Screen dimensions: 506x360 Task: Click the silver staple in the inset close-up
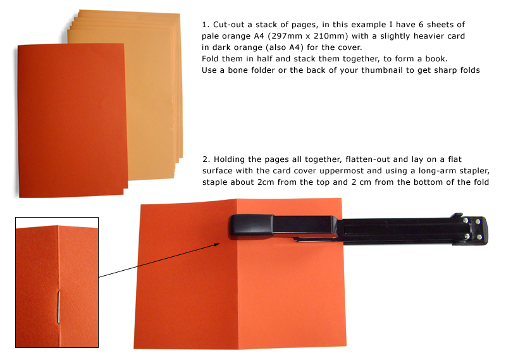pyautogui.click(x=58, y=307)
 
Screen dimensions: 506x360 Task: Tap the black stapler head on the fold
pyautogui.click(x=250, y=227)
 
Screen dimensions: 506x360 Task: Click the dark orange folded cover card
pyautogui.click(x=72, y=120)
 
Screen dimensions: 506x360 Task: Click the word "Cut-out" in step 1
pyautogui.click(x=229, y=25)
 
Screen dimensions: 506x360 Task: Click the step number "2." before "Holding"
pyautogui.click(x=206, y=159)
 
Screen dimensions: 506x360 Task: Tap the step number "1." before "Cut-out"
pyautogui.click(x=206, y=25)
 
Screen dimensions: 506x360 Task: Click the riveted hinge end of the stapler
pyautogui.click(x=472, y=229)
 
